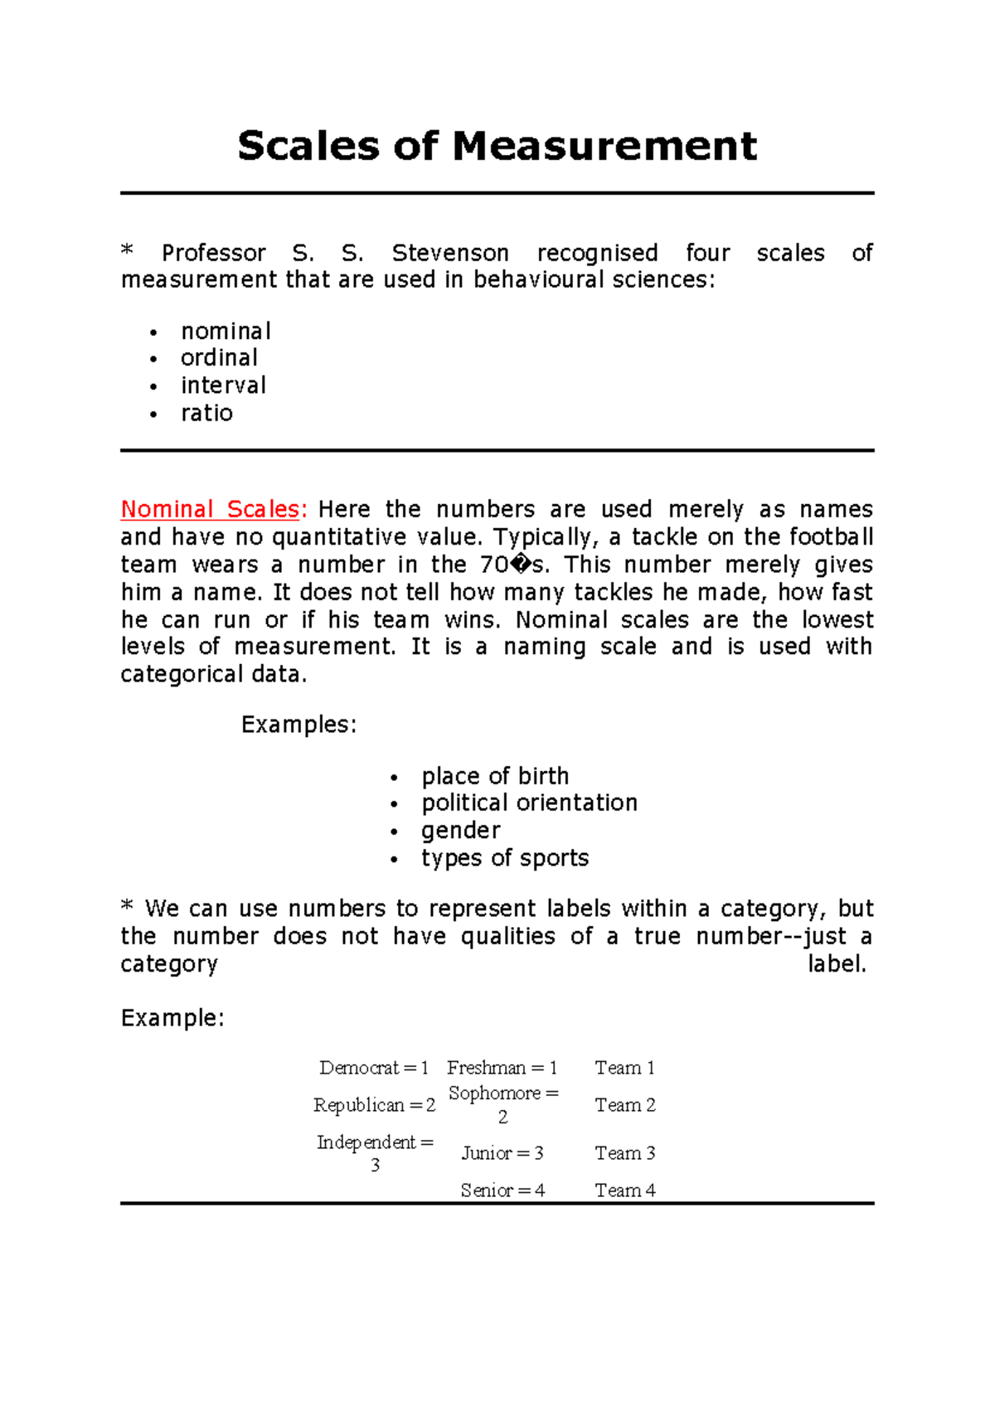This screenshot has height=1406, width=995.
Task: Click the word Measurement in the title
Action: point(604,147)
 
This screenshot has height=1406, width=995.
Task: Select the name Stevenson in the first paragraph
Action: point(450,253)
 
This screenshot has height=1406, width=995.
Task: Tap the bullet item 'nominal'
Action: point(226,332)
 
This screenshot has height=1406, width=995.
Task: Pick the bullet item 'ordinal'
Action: point(219,358)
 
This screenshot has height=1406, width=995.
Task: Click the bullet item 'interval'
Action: point(223,385)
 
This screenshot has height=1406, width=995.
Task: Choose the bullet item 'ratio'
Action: point(206,413)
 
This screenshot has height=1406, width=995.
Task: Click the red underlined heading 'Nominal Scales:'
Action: point(214,509)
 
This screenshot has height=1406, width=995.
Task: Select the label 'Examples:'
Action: point(298,725)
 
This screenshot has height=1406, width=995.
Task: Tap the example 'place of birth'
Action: point(495,776)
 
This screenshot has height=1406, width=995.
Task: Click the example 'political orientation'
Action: point(529,802)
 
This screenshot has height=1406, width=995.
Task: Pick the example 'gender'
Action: point(460,831)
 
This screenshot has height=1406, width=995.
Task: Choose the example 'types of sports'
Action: point(505,858)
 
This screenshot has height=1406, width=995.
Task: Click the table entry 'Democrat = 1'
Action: point(374,1068)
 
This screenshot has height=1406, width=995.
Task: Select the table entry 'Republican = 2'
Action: point(374,1105)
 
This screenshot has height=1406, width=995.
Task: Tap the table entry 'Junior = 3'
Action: point(502,1153)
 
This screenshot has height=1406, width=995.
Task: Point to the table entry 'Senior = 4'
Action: point(502,1190)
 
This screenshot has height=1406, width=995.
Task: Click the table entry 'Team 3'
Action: point(625,1153)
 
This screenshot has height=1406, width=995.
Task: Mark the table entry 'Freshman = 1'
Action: point(502,1068)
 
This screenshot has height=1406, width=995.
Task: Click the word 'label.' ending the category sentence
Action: point(837,964)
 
